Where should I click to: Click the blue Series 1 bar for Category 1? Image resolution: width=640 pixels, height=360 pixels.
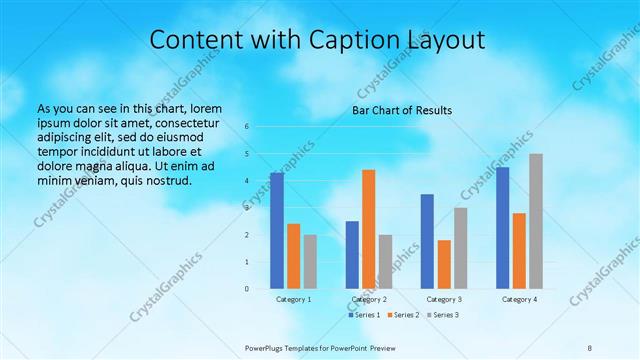(x=277, y=231)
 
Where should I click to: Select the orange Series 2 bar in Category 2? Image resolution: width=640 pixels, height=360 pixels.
(x=368, y=230)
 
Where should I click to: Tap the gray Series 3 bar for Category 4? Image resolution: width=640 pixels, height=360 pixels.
(x=536, y=221)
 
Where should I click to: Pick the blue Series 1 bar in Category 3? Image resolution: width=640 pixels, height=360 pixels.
(x=427, y=241)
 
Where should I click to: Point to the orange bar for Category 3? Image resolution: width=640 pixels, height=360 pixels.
(x=444, y=264)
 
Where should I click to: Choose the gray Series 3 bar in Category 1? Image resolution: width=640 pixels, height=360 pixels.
(x=310, y=262)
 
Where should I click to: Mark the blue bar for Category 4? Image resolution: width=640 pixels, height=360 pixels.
(x=502, y=228)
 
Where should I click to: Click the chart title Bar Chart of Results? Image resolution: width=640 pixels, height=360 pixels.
(x=403, y=110)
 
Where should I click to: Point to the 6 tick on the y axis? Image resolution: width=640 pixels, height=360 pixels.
(x=247, y=127)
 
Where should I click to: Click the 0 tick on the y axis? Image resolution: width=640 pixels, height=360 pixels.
(x=247, y=289)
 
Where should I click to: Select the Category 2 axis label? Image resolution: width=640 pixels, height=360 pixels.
(x=369, y=299)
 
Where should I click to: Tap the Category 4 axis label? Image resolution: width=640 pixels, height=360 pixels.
(x=519, y=299)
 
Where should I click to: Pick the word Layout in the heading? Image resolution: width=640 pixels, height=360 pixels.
(x=445, y=40)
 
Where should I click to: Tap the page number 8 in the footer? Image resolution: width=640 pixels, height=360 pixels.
(x=590, y=347)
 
